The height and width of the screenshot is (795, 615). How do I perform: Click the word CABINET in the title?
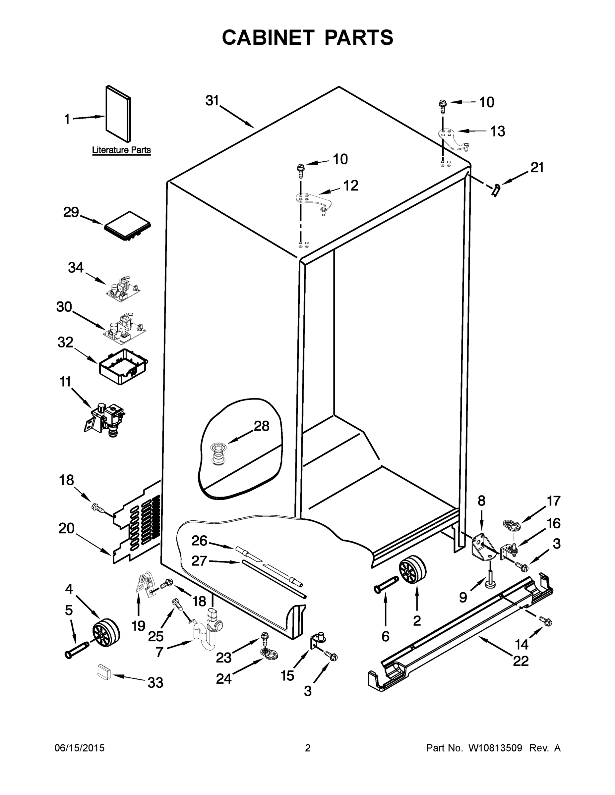(268, 37)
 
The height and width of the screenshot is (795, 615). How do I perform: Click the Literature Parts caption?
(121, 150)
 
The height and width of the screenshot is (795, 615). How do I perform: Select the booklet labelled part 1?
(118, 114)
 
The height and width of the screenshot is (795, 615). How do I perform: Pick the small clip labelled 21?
(496, 190)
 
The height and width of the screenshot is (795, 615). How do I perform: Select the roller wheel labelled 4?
(106, 634)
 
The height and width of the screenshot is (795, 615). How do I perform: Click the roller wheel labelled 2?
(412, 571)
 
